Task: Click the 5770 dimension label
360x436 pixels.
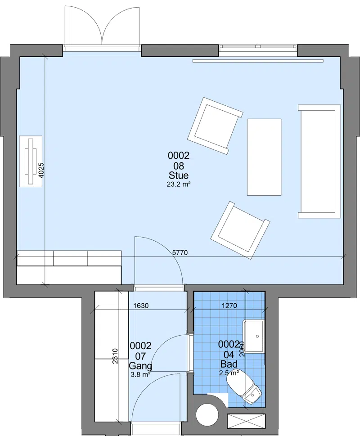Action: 180,252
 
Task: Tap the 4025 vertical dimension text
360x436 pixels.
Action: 41,170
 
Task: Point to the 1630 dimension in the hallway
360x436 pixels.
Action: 141,306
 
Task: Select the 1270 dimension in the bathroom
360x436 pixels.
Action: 229,306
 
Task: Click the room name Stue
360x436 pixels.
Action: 179,175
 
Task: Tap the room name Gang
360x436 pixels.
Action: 141,366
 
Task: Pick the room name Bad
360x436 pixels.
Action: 229,364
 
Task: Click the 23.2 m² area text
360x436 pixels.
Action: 179,184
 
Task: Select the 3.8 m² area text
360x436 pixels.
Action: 141,374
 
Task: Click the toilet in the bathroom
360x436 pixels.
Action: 244,386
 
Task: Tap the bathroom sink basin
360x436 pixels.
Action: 253,337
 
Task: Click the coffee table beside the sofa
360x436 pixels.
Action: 264,157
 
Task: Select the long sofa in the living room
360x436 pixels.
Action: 319,161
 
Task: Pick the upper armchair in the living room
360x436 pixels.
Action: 216,126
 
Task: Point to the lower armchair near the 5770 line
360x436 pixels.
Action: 240,230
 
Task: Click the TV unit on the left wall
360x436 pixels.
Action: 31,161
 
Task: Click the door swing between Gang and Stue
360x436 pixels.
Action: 158,261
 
